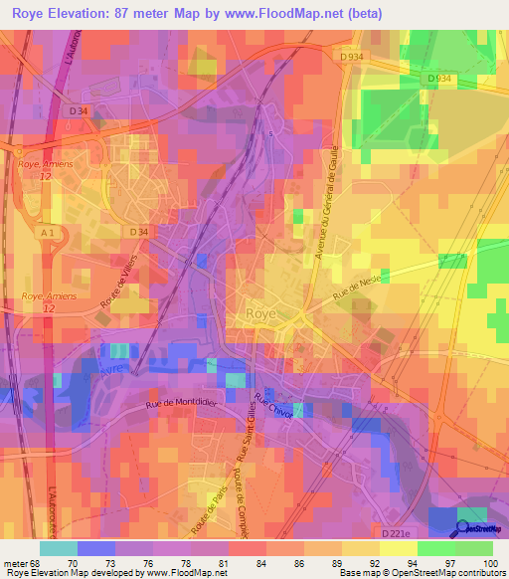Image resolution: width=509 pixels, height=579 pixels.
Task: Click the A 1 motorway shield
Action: click(48, 232)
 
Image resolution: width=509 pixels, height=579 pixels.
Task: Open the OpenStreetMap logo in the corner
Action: click(475, 527)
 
